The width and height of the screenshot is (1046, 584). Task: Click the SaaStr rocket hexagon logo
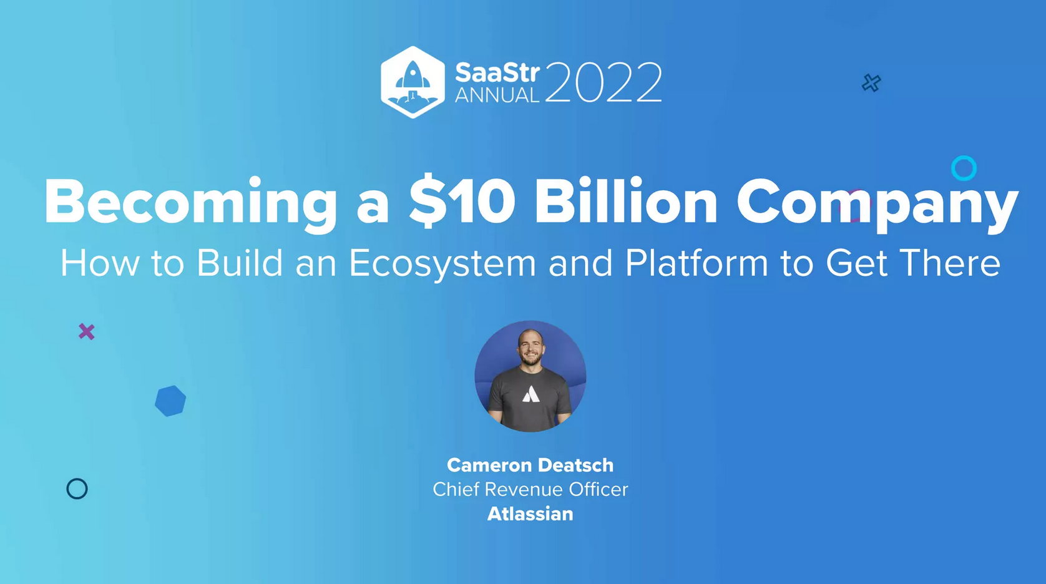pos(413,82)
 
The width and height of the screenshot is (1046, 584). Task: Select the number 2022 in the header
pos(603,82)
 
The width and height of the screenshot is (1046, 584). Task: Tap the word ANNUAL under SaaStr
pos(497,95)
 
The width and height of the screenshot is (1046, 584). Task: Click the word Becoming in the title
pos(190,203)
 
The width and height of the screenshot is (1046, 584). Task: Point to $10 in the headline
pos(462,203)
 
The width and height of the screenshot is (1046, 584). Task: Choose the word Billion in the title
pos(626,203)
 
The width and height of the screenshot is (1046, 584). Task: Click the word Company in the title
pos(877,203)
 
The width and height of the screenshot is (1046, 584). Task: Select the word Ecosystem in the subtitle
pos(442,263)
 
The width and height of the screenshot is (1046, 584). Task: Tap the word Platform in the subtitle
pos(696,263)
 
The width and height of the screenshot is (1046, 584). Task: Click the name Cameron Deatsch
pos(530,465)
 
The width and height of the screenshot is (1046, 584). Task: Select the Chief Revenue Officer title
pos(530,489)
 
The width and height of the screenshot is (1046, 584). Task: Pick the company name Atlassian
pos(530,514)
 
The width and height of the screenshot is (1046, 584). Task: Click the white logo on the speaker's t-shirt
pos(530,394)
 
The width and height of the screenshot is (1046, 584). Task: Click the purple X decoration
pos(87,331)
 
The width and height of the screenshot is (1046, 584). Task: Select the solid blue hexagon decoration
pos(170,401)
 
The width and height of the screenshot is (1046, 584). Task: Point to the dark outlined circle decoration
pos(77,489)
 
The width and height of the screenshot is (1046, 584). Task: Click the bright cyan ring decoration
pos(964,168)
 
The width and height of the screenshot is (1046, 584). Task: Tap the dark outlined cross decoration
pos(871,83)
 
